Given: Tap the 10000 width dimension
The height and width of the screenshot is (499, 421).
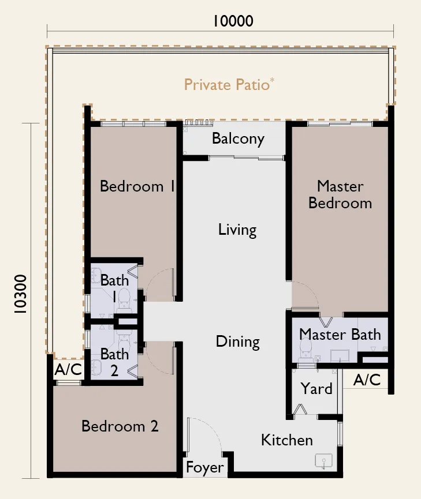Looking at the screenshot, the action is click(233, 21).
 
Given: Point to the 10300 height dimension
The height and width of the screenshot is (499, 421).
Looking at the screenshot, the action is click(20, 294).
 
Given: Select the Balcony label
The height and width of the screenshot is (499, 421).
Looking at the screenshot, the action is click(238, 139).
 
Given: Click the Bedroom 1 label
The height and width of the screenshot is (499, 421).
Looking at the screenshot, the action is click(137, 186).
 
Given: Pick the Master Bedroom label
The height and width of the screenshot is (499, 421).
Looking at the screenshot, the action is click(340, 194).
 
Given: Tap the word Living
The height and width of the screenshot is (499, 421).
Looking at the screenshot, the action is click(237, 230).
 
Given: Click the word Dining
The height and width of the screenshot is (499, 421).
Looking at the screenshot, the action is click(238, 342).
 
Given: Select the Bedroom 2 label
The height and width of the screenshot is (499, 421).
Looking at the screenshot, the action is click(120, 426).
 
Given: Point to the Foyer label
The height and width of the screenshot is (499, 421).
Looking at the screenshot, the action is click(205, 468).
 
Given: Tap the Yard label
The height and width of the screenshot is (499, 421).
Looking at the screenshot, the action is click(316, 389).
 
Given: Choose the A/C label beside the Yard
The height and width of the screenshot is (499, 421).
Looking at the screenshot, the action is click(367, 380).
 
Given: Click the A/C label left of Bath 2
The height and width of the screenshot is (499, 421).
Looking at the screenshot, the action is click(68, 369).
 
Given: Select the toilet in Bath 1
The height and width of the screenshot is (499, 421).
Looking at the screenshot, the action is click(124, 301).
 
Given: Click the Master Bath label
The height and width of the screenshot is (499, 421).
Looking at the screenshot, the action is click(340, 335).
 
